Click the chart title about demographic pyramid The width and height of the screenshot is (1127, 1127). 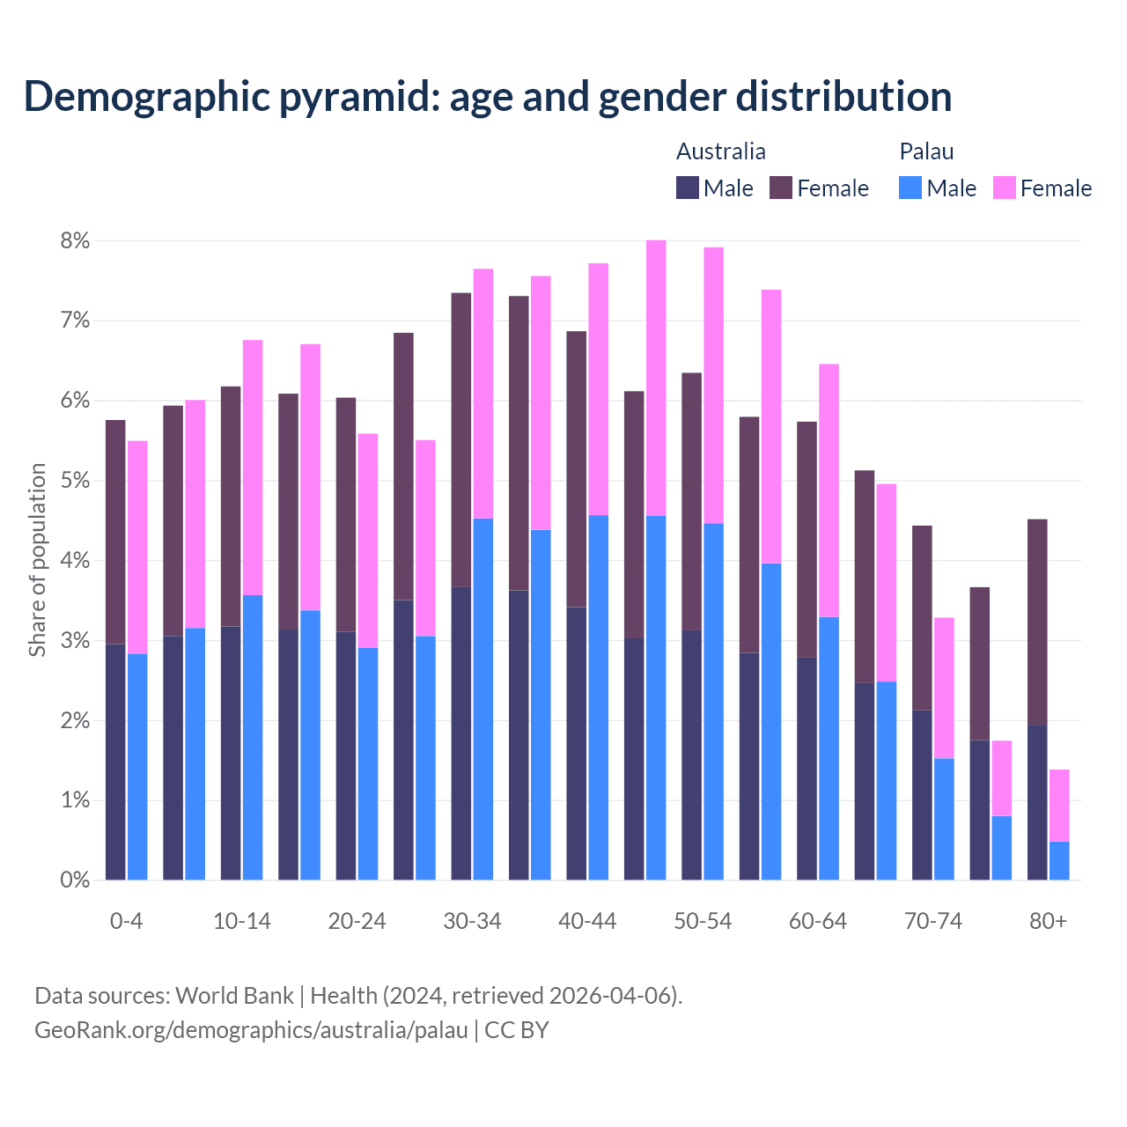pyautogui.click(x=488, y=96)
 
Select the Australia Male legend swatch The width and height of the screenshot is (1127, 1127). pyautogui.click(x=687, y=188)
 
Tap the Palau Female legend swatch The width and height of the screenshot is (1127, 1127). pyautogui.click(x=1004, y=188)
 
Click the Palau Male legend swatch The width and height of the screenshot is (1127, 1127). pyautogui.click(x=910, y=188)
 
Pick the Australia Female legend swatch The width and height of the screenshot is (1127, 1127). pyautogui.click(x=781, y=188)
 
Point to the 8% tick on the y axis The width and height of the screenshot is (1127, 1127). pyautogui.click(x=75, y=240)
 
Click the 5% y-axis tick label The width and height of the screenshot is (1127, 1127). pyautogui.click(x=75, y=481)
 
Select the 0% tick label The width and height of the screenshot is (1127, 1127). pyautogui.click(x=75, y=880)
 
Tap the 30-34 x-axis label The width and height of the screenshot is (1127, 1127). pyautogui.click(x=472, y=921)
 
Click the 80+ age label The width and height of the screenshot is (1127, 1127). pyautogui.click(x=1048, y=921)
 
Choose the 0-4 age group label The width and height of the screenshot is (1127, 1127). pyautogui.click(x=126, y=921)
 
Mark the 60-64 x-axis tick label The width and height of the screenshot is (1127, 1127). pyautogui.click(x=818, y=921)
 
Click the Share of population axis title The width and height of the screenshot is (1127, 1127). pyautogui.click(x=37, y=560)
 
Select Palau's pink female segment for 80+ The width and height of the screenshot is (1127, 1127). pyautogui.click(x=1059, y=806)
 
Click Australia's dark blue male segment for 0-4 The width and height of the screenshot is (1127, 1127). pyautogui.click(x=115, y=762)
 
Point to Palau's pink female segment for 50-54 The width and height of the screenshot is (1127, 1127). pyautogui.click(x=713, y=386)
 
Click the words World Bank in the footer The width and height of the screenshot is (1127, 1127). pyautogui.click(x=234, y=996)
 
